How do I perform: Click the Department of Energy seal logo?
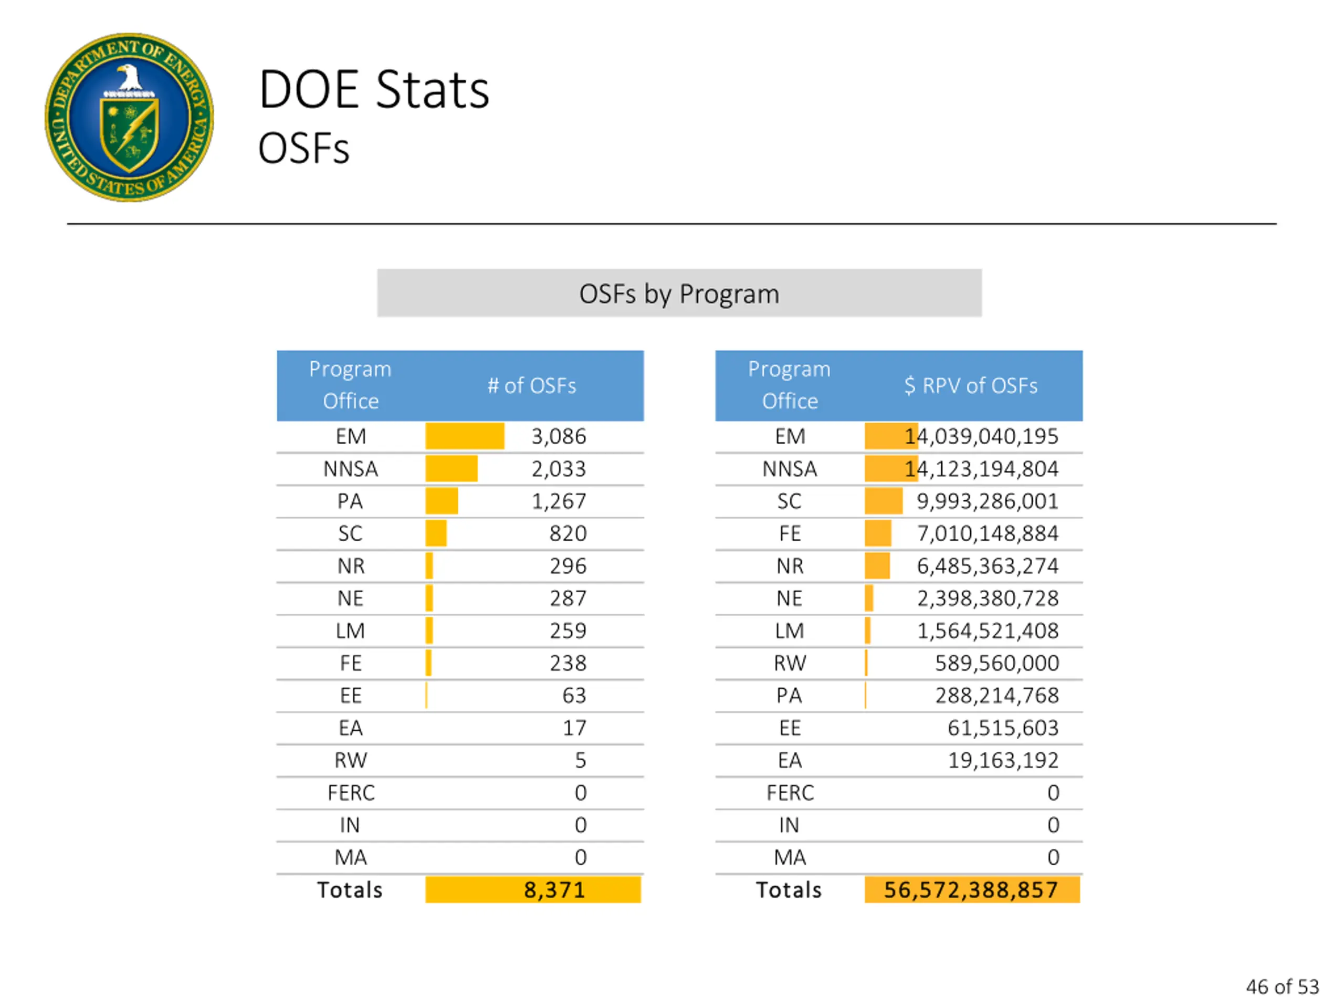click(x=130, y=117)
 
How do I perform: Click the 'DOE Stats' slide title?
click(x=374, y=90)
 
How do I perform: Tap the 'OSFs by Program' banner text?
click(x=679, y=294)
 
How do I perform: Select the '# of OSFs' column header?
click(x=532, y=386)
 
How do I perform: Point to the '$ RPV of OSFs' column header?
click(x=970, y=386)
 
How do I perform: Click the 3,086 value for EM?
click(x=559, y=436)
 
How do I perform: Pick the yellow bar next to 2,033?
click(x=451, y=469)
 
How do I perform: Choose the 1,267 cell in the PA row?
click(x=559, y=501)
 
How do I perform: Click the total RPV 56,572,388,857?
click(x=970, y=890)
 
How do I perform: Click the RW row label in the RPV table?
click(x=789, y=663)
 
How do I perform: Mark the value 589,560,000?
click(x=996, y=663)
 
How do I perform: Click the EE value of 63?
click(x=574, y=696)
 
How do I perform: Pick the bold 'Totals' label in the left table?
click(x=350, y=890)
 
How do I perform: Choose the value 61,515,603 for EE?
click(x=1003, y=728)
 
